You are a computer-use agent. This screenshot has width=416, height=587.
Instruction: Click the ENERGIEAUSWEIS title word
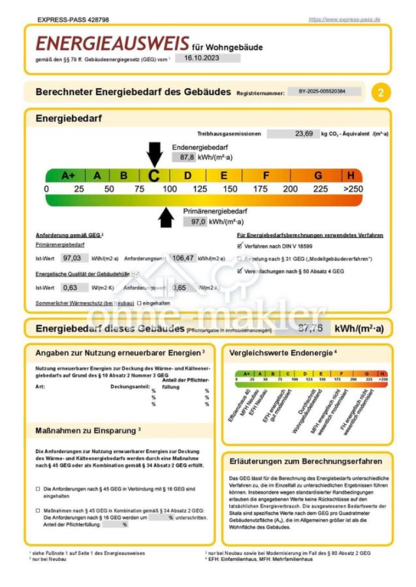[x=112, y=44]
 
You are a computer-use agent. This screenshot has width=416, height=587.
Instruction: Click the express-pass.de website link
[x=344, y=20]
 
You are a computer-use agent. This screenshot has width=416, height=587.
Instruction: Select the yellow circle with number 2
[x=381, y=93]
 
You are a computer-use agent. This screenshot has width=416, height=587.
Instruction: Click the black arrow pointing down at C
[x=154, y=154]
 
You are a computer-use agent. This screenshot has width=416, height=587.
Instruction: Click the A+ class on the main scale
[x=68, y=175]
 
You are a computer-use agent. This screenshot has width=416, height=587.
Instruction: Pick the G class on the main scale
[x=318, y=175]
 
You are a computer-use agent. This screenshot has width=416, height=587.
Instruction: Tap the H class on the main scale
[x=351, y=175]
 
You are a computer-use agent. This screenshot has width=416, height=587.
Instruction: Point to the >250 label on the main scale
[x=353, y=189]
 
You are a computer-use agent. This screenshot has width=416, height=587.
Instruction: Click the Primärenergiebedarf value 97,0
[x=194, y=222]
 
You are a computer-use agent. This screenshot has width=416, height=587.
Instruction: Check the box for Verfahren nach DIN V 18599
[x=240, y=247]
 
